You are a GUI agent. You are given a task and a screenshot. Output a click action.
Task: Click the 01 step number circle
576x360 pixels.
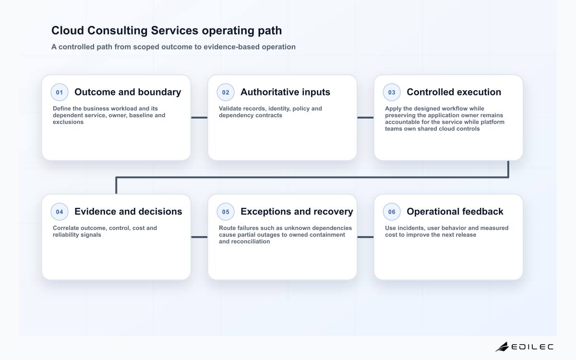(x=60, y=92)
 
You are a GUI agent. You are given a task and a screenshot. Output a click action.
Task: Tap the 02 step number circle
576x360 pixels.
(x=226, y=92)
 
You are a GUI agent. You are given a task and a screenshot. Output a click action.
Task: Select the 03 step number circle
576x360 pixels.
(x=392, y=92)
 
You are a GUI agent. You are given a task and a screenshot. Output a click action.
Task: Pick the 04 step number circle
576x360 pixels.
(x=60, y=212)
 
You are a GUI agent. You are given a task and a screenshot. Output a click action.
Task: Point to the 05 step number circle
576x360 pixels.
(x=226, y=212)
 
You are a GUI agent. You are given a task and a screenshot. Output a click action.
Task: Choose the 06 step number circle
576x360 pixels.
(x=392, y=212)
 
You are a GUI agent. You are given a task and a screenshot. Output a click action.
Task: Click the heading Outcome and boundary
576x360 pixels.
(x=128, y=92)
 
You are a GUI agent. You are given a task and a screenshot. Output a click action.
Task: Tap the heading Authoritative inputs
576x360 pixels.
(x=285, y=92)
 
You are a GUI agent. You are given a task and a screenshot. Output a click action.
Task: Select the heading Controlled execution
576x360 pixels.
(x=454, y=92)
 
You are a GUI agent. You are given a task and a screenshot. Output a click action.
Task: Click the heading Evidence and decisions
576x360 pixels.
(x=128, y=212)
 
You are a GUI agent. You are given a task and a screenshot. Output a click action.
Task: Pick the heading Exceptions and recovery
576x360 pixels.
(x=297, y=212)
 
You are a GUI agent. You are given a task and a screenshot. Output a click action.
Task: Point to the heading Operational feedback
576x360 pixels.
(x=455, y=212)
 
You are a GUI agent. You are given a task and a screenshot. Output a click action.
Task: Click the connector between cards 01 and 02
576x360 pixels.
(x=199, y=118)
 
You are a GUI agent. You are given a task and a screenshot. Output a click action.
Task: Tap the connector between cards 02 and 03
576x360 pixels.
(x=365, y=118)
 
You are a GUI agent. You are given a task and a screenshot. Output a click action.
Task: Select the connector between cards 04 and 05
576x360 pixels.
(x=199, y=237)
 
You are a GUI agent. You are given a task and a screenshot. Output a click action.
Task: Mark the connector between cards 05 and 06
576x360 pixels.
(x=365, y=237)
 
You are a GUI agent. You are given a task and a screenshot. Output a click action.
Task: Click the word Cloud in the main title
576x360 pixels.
(x=68, y=30)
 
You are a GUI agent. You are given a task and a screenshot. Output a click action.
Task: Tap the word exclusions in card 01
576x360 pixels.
(x=68, y=122)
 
